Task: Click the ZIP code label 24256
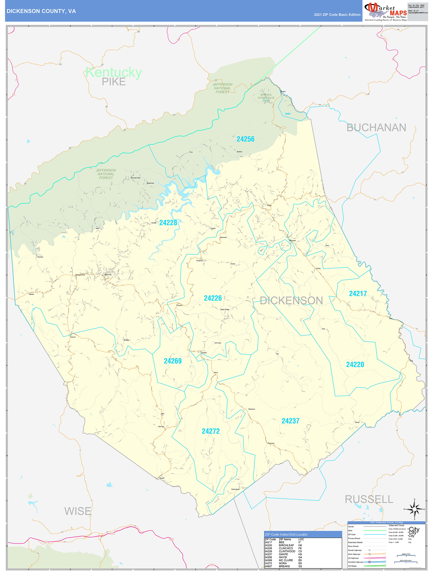[245, 139]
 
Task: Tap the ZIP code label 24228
[168, 222]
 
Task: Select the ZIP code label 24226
[213, 298]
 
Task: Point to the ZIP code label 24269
[173, 361]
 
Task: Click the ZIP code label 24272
[211, 431]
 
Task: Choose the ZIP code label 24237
[290, 421]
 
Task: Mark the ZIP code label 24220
[355, 365]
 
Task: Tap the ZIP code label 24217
[358, 293]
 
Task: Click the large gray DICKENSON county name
[291, 300]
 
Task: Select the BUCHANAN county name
[376, 128]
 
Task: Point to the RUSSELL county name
[369, 499]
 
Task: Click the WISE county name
[78, 511]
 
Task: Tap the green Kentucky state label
[114, 72]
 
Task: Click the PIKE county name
[114, 82]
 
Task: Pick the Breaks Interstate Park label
[266, 98]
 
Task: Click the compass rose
[414, 509]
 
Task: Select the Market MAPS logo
[386, 11]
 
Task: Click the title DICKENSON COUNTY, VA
[41, 11]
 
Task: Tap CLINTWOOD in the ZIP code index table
[287, 551]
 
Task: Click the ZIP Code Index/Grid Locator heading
[286, 534]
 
